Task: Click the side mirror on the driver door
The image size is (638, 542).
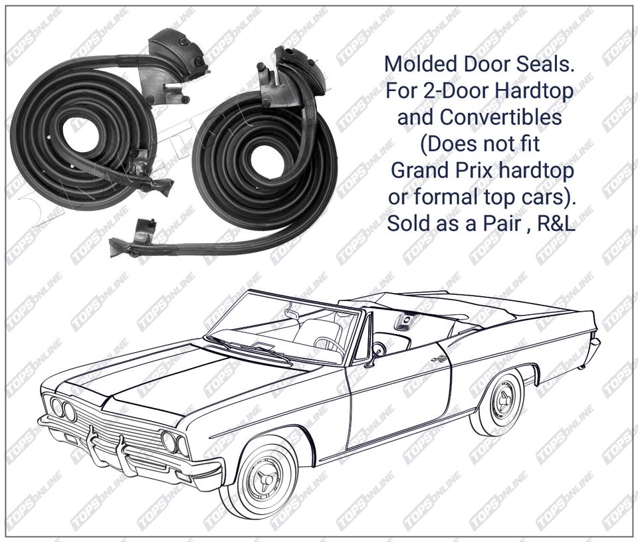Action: [378, 350]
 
